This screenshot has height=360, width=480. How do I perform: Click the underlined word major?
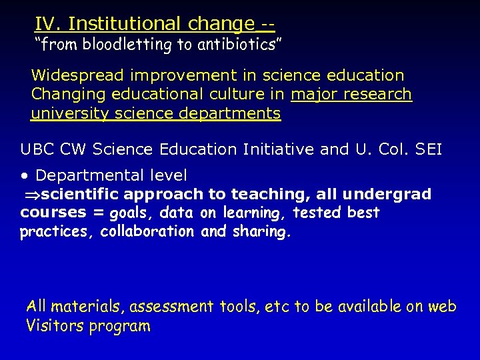coord(315,95)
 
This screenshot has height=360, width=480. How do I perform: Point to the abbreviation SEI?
coord(427,149)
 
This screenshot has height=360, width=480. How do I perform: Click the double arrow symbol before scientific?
coord(29,195)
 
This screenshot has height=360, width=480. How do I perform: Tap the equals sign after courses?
coord(99,213)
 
